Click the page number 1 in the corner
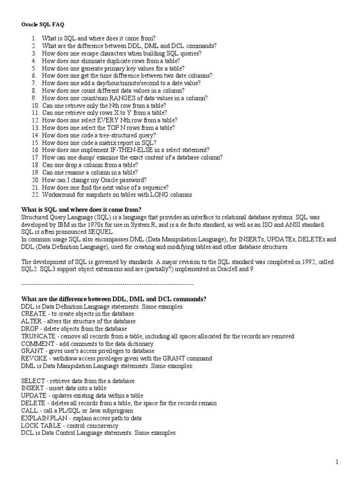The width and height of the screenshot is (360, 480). pyautogui.click(x=337, y=462)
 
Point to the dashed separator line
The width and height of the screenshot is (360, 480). pyautogui.click(x=107, y=284)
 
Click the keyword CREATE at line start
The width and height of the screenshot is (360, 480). pyautogui.click(x=33, y=314)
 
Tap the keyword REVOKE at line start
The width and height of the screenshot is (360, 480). pyautogui.click(x=34, y=359)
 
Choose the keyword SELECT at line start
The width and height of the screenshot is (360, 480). pyautogui.click(x=33, y=381)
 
